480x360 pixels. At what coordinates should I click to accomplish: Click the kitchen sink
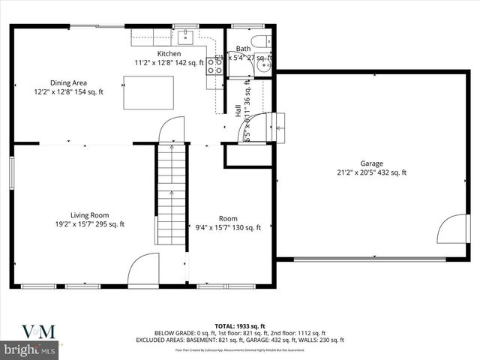[x=186, y=37]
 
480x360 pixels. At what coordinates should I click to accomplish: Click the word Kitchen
[x=169, y=53]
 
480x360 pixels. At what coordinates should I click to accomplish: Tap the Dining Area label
[x=67, y=83]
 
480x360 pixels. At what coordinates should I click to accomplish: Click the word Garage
[x=372, y=163]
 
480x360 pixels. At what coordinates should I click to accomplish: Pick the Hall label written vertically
[x=238, y=110]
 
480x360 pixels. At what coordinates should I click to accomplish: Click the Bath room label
[x=244, y=49]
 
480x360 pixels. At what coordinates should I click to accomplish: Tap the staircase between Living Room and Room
[x=172, y=195]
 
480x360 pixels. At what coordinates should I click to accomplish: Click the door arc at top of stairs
[x=172, y=129]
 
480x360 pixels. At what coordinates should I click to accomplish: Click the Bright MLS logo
[x=30, y=350]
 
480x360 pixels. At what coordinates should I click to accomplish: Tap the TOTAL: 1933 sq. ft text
[x=239, y=325]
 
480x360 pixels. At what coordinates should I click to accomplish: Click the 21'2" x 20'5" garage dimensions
[x=372, y=172]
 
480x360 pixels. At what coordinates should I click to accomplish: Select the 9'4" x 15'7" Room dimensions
[x=228, y=228]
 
